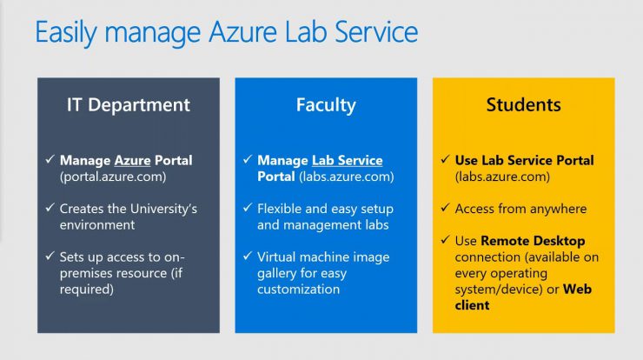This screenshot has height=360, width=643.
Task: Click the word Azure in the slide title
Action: click(x=242, y=32)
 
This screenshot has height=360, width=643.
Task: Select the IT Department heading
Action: click(x=129, y=105)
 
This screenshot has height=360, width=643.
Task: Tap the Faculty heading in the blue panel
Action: click(x=326, y=105)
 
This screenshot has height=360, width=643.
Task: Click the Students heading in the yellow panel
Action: click(x=524, y=104)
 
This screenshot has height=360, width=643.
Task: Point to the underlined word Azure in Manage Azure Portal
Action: click(x=132, y=160)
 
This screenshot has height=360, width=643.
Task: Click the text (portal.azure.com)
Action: click(x=113, y=177)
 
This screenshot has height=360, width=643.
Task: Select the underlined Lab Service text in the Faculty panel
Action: click(x=348, y=160)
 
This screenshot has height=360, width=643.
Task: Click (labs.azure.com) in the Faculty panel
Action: click(x=347, y=177)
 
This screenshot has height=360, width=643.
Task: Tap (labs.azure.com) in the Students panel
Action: click(x=503, y=177)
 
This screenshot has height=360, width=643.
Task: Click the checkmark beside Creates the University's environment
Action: click(x=50, y=208)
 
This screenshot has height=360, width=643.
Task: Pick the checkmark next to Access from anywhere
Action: click(x=446, y=208)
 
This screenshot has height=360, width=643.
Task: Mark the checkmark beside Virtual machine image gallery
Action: click(x=248, y=257)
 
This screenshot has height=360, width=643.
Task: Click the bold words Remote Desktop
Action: click(x=533, y=241)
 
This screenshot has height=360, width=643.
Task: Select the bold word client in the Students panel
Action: click(x=472, y=305)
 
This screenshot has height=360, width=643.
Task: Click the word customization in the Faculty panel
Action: click(x=299, y=290)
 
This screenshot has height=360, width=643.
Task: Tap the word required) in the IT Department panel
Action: click(x=87, y=290)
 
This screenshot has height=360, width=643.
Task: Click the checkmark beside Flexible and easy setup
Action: click(x=248, y=208)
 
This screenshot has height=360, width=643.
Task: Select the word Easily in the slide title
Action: click(x=66, y=33)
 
